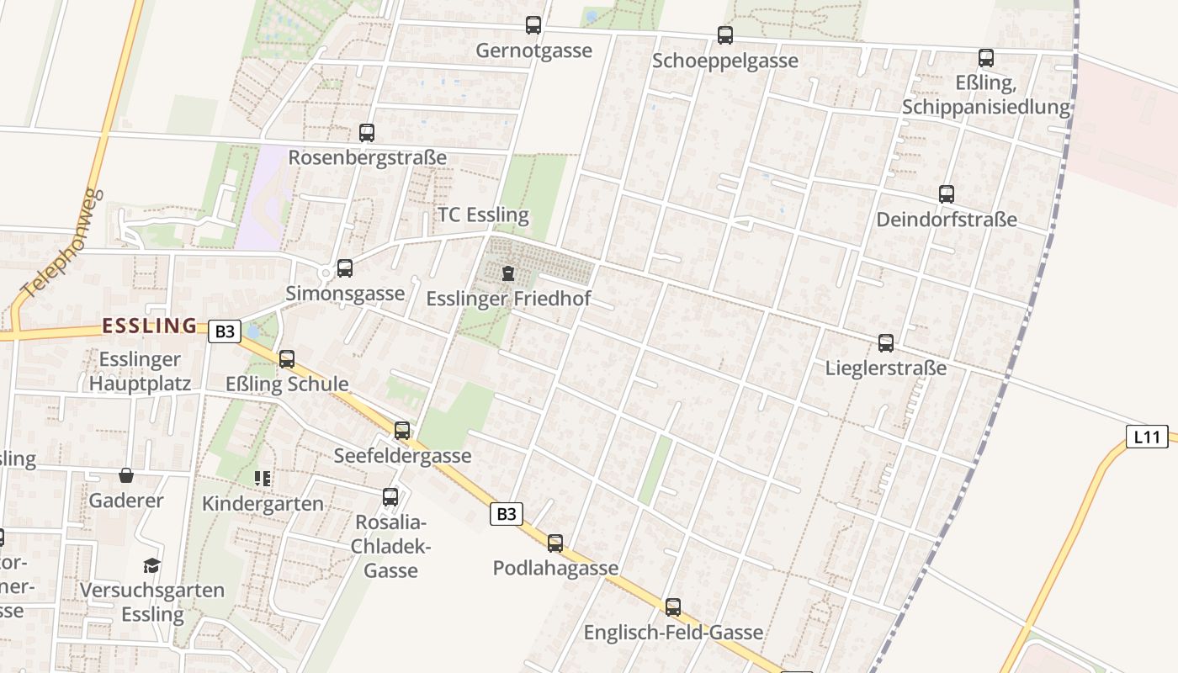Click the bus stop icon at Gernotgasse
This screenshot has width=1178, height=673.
click(533, 25)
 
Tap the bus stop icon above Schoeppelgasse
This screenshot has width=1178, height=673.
click(725, 35)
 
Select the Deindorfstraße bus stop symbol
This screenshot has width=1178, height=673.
click(947, 194)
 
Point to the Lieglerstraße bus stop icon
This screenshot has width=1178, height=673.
click(886, 343)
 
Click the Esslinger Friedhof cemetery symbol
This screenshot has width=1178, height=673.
click(508, 273)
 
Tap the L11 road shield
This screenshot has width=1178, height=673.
click(1147, 437)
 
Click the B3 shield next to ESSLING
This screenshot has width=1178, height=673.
click(224, 331)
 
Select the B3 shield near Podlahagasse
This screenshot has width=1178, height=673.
click(506, 513)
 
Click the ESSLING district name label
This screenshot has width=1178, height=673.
click(149, 326)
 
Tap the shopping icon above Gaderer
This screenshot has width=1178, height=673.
click(126, 476)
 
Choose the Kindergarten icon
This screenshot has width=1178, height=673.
click(263, 479)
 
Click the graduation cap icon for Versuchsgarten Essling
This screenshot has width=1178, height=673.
click(151, 565)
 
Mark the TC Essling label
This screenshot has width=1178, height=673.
click(483, 215)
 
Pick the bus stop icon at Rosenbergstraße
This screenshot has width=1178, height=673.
click(367, 132)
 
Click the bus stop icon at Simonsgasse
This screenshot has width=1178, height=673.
click(345, 268)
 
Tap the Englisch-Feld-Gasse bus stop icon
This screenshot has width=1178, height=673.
click(673, 607)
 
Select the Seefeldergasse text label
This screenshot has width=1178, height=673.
click(402, 456)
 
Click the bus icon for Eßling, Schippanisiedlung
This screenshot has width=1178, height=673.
click(986, 58)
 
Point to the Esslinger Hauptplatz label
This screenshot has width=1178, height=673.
click(140, 372)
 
